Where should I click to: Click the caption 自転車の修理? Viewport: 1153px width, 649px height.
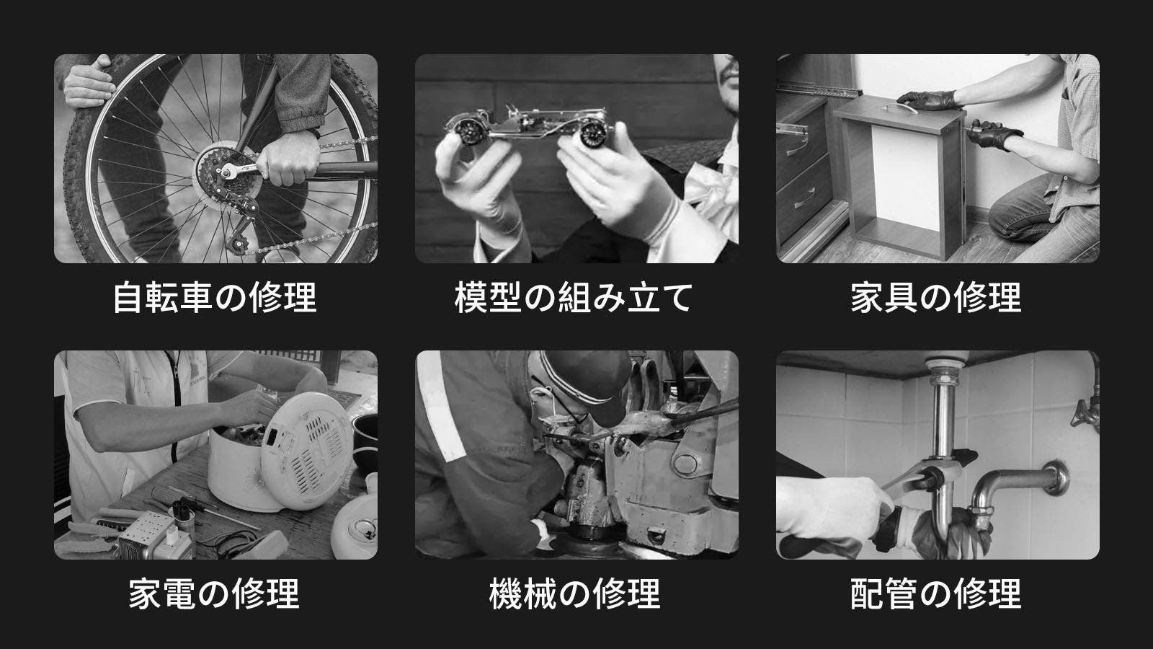[x=215, y=297]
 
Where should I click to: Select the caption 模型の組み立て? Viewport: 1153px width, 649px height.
[x=574, y=297]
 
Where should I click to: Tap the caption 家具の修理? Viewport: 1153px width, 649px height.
[x=936, y=297]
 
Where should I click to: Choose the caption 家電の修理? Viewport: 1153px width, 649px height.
[x=214, y=593]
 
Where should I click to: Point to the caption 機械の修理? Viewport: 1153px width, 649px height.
[x=575, y=593]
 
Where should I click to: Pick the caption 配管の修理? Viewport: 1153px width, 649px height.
[x=936, y=593]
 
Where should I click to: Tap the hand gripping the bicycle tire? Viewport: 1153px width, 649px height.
[x=88, y=82]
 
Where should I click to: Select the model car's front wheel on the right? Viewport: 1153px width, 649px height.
[x=594, y=133]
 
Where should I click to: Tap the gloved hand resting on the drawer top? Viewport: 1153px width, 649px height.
[x=929, y=100]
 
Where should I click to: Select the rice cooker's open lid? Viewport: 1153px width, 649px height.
[x=307, y=451]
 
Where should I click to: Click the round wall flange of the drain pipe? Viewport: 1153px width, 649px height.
[x=1055, y=477]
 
